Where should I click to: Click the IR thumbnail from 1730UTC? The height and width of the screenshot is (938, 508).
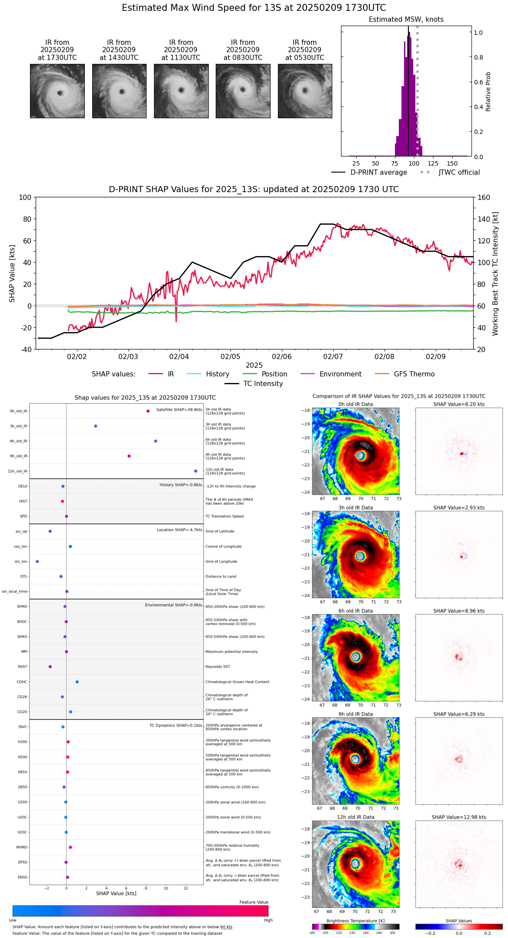57,91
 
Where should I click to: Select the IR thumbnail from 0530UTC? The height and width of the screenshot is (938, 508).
305,91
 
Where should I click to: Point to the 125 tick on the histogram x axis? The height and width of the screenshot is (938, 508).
433,163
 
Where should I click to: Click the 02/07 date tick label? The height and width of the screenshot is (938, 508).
333,356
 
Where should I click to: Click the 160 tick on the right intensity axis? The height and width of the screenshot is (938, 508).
484,197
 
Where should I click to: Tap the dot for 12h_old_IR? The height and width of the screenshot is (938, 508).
196,471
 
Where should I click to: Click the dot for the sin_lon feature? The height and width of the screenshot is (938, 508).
37,562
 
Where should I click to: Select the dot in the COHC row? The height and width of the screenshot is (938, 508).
77,682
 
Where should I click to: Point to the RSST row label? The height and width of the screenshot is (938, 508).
23,667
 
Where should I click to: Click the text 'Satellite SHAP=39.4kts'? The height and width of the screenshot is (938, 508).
179,410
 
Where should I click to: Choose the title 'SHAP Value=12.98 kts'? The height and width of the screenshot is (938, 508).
459,817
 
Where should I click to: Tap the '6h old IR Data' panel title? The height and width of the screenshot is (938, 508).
355,611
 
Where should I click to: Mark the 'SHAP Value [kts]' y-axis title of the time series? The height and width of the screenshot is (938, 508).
12,273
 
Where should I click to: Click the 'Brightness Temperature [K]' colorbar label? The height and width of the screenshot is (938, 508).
355,921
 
